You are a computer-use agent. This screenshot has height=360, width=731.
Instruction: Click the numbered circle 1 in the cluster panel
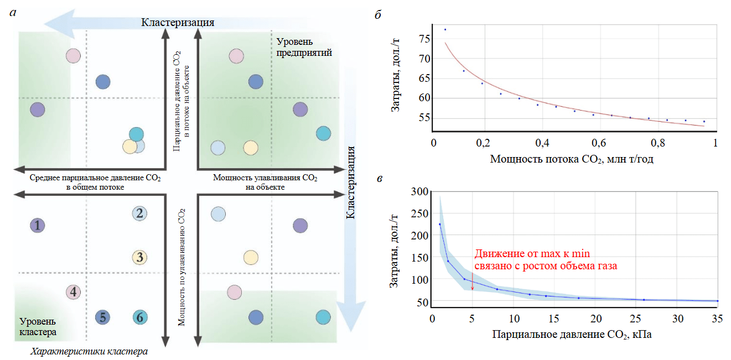[37, 225]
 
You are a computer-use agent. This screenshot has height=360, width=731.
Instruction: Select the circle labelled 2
[139, 213]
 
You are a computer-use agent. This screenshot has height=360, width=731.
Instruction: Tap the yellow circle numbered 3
[139, 257]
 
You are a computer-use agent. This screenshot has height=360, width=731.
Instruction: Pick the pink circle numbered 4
[73, 292]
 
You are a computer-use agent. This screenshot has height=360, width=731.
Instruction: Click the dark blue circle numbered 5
[103, 317]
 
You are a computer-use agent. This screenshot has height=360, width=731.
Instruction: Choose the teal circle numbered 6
[139, 317]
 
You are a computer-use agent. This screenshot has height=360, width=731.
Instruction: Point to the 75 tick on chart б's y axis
[424, 39]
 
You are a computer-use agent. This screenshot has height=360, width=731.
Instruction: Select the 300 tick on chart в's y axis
[422, 192]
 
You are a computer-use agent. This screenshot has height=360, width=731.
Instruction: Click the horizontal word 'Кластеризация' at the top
[177, 23]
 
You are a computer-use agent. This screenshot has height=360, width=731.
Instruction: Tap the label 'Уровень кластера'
[38, 327]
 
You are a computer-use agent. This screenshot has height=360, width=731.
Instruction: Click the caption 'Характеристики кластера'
[89, 352]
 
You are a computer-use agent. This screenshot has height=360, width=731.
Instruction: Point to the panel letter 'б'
[377, 15]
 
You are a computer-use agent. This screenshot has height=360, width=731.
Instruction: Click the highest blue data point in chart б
[445, 29]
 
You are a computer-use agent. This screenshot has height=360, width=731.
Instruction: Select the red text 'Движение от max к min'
[531, 254]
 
